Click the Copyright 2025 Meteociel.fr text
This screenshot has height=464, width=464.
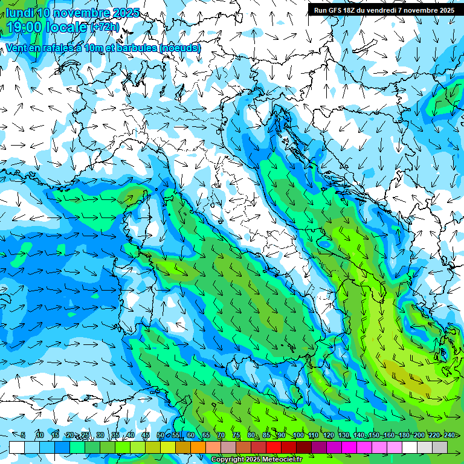click(x=256, y=460)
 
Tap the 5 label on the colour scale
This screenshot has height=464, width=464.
click(x=23, y=436)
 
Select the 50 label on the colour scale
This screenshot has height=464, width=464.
click(x=161, y=436)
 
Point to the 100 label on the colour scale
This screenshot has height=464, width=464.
click(x=298, y=436)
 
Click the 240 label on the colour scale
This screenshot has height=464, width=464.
click(x=449, y=436)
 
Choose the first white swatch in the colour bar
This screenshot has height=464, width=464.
click(x=17, y=447)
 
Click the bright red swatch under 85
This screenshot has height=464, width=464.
click(x=274, y=447)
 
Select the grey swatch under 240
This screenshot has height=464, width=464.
click(x=440, y=447)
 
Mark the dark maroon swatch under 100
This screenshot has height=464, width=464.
click(x=304, y=447)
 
